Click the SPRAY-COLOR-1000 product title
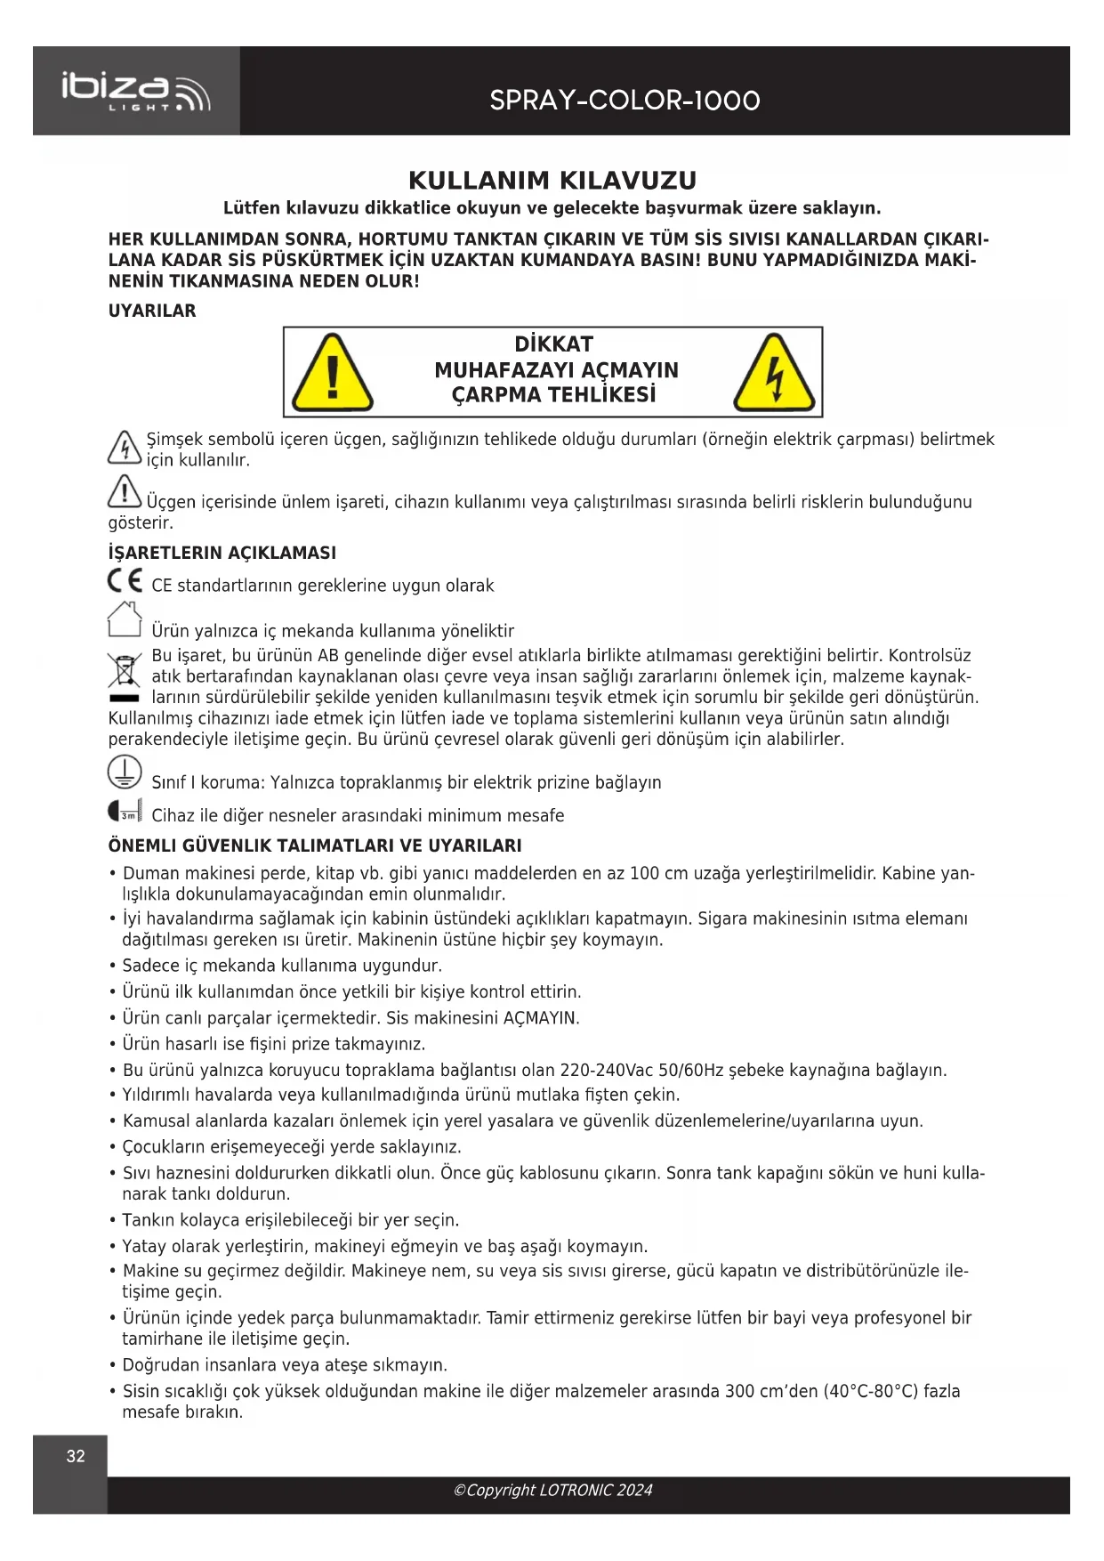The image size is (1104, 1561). pyautogui.click(x=625, y=101)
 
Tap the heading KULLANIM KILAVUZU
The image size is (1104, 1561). pyautogui.click(x=552, y=181)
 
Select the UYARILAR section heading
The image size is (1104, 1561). pyautogui.click(x=152, y=311)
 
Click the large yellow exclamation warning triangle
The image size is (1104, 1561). pyautogui.click(x=333, y=373)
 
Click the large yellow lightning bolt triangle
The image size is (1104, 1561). pyautogui.click(x=774, y=373)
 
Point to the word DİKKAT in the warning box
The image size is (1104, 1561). pyautogui.click(x=553, y=344)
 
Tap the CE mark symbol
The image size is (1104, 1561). pyautogui.click(x=125, y=581)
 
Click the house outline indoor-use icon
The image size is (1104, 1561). pyautogui.click(x=125, y=620)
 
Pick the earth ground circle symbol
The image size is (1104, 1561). pyautogui.click(x=125, y=772)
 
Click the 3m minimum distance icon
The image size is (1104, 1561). pyautogui.click(x=125, y=812)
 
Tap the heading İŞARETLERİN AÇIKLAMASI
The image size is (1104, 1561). pyautogui.click(x=222, y=553)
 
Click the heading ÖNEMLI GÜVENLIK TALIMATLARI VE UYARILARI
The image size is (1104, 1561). pyautogui.click(x=315, y=845)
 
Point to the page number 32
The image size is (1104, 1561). pyautogui.click(x=76, y=1457)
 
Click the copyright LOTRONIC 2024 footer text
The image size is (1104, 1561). pyautogui.click(x=552, y=1491)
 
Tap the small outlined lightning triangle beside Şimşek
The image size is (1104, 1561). pyautogui.click(x=124, y=447)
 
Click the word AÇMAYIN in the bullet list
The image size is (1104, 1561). pyautogui.click(x=540, y=1018)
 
